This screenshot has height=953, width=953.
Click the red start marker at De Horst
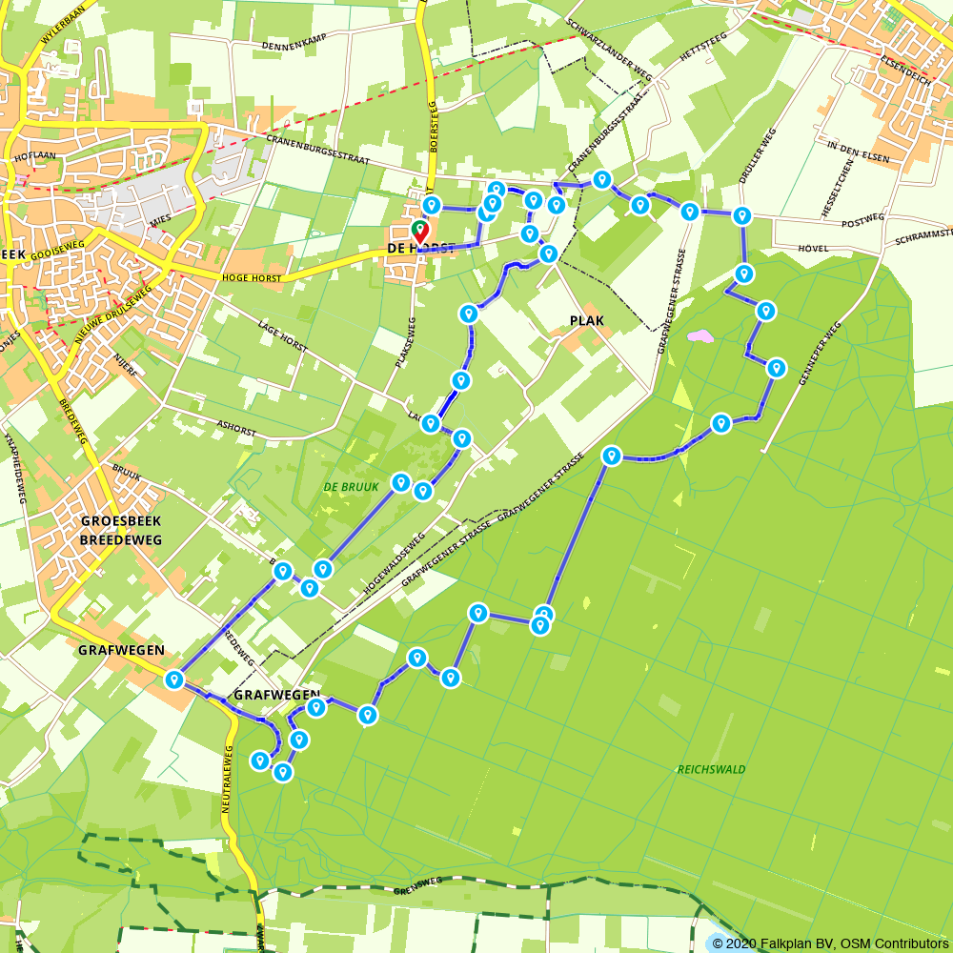419,231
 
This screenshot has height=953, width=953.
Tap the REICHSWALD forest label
711,769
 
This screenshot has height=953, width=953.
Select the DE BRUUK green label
351,487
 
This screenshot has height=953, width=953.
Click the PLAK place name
586,320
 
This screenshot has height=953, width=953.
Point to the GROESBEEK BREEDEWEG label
121,530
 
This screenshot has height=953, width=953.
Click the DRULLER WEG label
758,155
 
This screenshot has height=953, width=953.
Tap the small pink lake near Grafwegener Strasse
700,336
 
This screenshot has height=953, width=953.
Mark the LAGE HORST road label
281,336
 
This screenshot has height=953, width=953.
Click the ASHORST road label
236,430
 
